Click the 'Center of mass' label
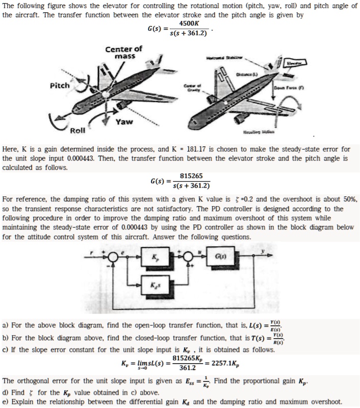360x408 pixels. (123, 52)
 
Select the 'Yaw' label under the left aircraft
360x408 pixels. (124, 122)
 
